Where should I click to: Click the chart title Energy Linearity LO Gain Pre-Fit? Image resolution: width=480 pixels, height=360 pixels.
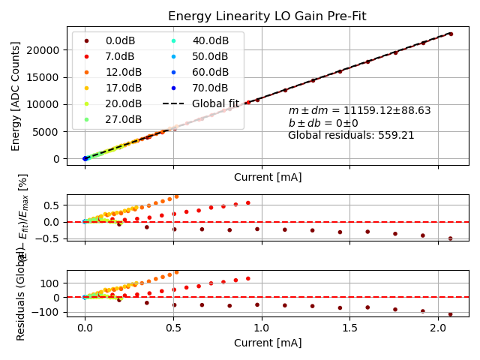tap(268, 16)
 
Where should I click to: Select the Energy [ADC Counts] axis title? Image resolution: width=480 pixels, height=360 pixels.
tap(16, 96)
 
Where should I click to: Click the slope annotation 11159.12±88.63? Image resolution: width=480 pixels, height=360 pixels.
tap(359, 110)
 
